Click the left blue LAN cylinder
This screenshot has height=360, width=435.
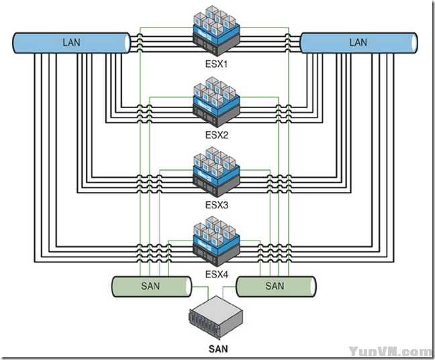pos(70,42)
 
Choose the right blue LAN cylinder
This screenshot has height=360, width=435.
pos(359,42)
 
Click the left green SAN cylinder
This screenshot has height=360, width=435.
pos(152,286)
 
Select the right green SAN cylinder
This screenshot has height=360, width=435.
pos(276,286)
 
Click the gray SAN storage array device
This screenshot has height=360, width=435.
pos(214,320)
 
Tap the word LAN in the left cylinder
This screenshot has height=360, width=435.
pos(70,42)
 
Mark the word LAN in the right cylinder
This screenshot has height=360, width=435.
pos(358,42)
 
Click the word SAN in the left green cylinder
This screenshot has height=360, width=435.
pos(150,286)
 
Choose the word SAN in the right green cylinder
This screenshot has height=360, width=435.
pos(275,286)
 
